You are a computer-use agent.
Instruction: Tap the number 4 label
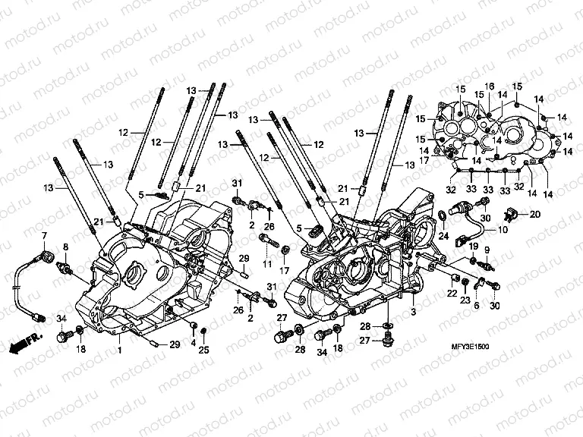click(x=194, y=343)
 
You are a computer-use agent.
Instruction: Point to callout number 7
click(x=44, y=236)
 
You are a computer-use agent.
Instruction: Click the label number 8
click(x=65, y=247)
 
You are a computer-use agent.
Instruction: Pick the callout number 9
click(x=487, y=251)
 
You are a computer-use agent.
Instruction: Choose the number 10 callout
click(x=503, y=230)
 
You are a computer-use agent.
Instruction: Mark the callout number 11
click(x=266, y=263)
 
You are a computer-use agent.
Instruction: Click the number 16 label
click(x=489, y=86)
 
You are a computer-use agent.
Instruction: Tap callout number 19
click(x=471, y=247)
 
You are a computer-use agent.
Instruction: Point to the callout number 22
click(x=451, y=294)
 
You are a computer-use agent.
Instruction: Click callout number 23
click(x=465, y=301)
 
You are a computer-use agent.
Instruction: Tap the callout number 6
click(x=476, y=304)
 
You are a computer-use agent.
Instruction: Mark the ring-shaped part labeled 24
click(x=441, y=220)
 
